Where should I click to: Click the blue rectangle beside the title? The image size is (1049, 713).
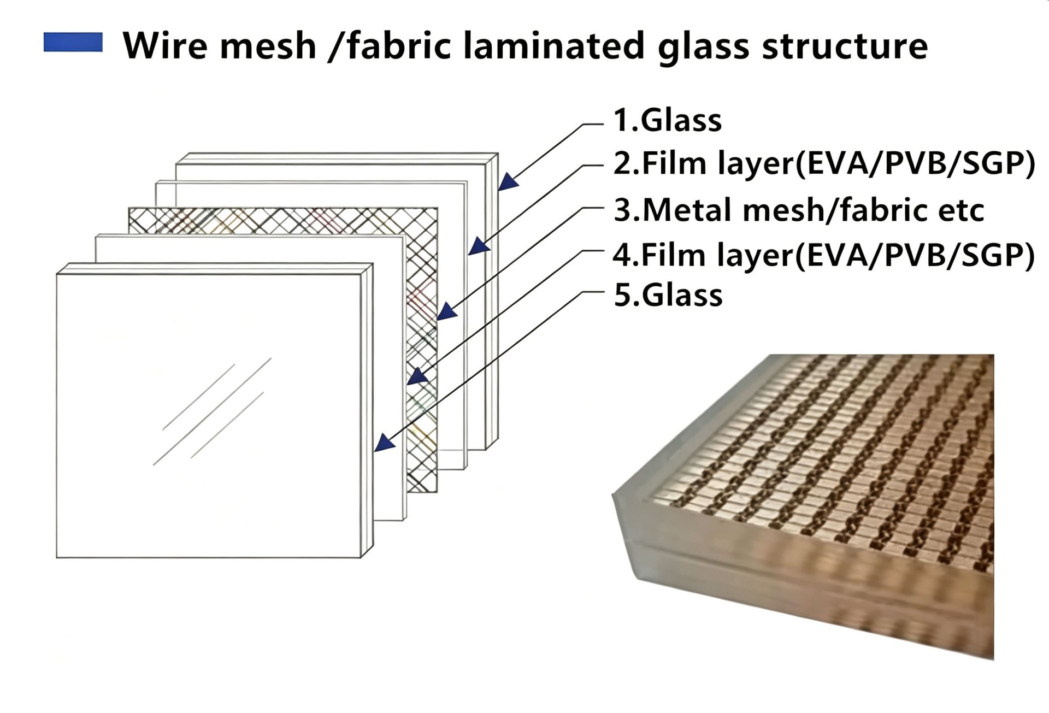coord(73,43)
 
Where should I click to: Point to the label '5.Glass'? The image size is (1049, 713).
coord(668,295)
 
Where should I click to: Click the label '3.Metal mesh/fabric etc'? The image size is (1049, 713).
coord(798,210)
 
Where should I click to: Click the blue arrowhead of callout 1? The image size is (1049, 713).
coord(508,181)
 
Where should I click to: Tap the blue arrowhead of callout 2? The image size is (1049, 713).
coord(479,246)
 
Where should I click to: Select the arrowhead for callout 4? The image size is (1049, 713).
coord(417,376)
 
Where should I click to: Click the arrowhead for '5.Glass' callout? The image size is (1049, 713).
coord(385,442)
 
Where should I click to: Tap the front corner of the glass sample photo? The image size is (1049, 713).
coord(613,495)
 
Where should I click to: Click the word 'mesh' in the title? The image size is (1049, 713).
coord(268,45)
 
